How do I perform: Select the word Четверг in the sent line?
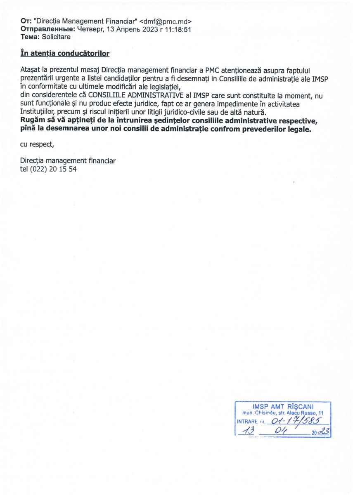[x=90, y=29]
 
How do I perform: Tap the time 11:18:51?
[x=177, y=29]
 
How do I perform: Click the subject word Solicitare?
[x=56, y=37]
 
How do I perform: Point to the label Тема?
[x=30, y=37]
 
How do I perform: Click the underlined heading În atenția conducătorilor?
[x=65, y=54]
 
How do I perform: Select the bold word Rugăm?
[x=33, y=121]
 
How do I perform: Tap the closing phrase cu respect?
[x=37, y=144]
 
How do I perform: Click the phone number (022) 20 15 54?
[x=54, y=169]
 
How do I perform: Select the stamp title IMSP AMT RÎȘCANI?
[x=283, y=406]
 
